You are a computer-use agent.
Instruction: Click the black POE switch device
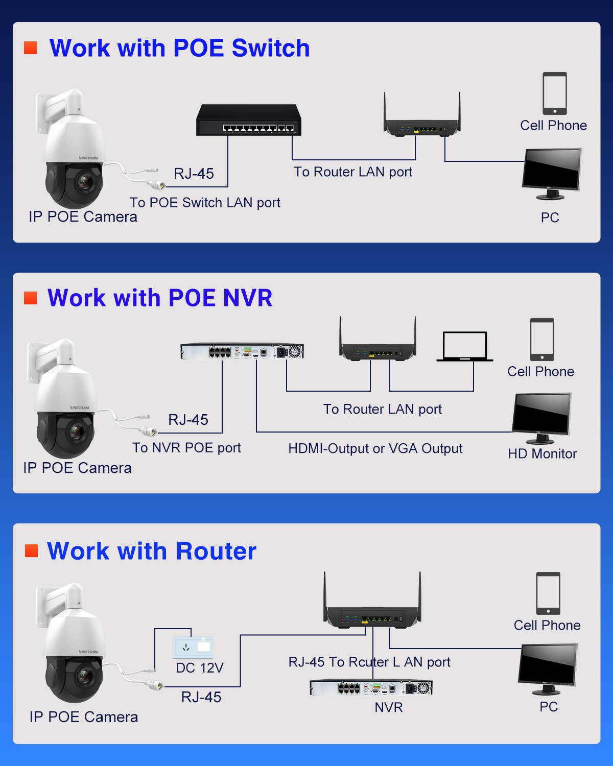pos(249,121)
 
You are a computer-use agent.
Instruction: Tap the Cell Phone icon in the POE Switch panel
pos(554,93)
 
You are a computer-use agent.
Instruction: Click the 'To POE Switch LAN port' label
pos(205,203)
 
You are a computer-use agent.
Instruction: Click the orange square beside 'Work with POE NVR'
pos(31,298)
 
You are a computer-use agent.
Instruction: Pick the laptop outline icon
pos(465,347)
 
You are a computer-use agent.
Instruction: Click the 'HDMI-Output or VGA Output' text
pos(375,448)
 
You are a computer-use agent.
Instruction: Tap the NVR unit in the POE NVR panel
pos(242,351)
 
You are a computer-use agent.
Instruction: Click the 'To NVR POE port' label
pos(186,448)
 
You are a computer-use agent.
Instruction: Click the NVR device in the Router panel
pos(371,688)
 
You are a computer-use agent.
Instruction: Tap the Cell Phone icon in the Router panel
pos(548,593)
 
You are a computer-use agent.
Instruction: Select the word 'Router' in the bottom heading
pos(216,551)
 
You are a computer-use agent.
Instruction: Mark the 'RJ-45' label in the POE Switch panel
pos(194,174)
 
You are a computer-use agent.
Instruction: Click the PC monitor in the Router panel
pos(548,666)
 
